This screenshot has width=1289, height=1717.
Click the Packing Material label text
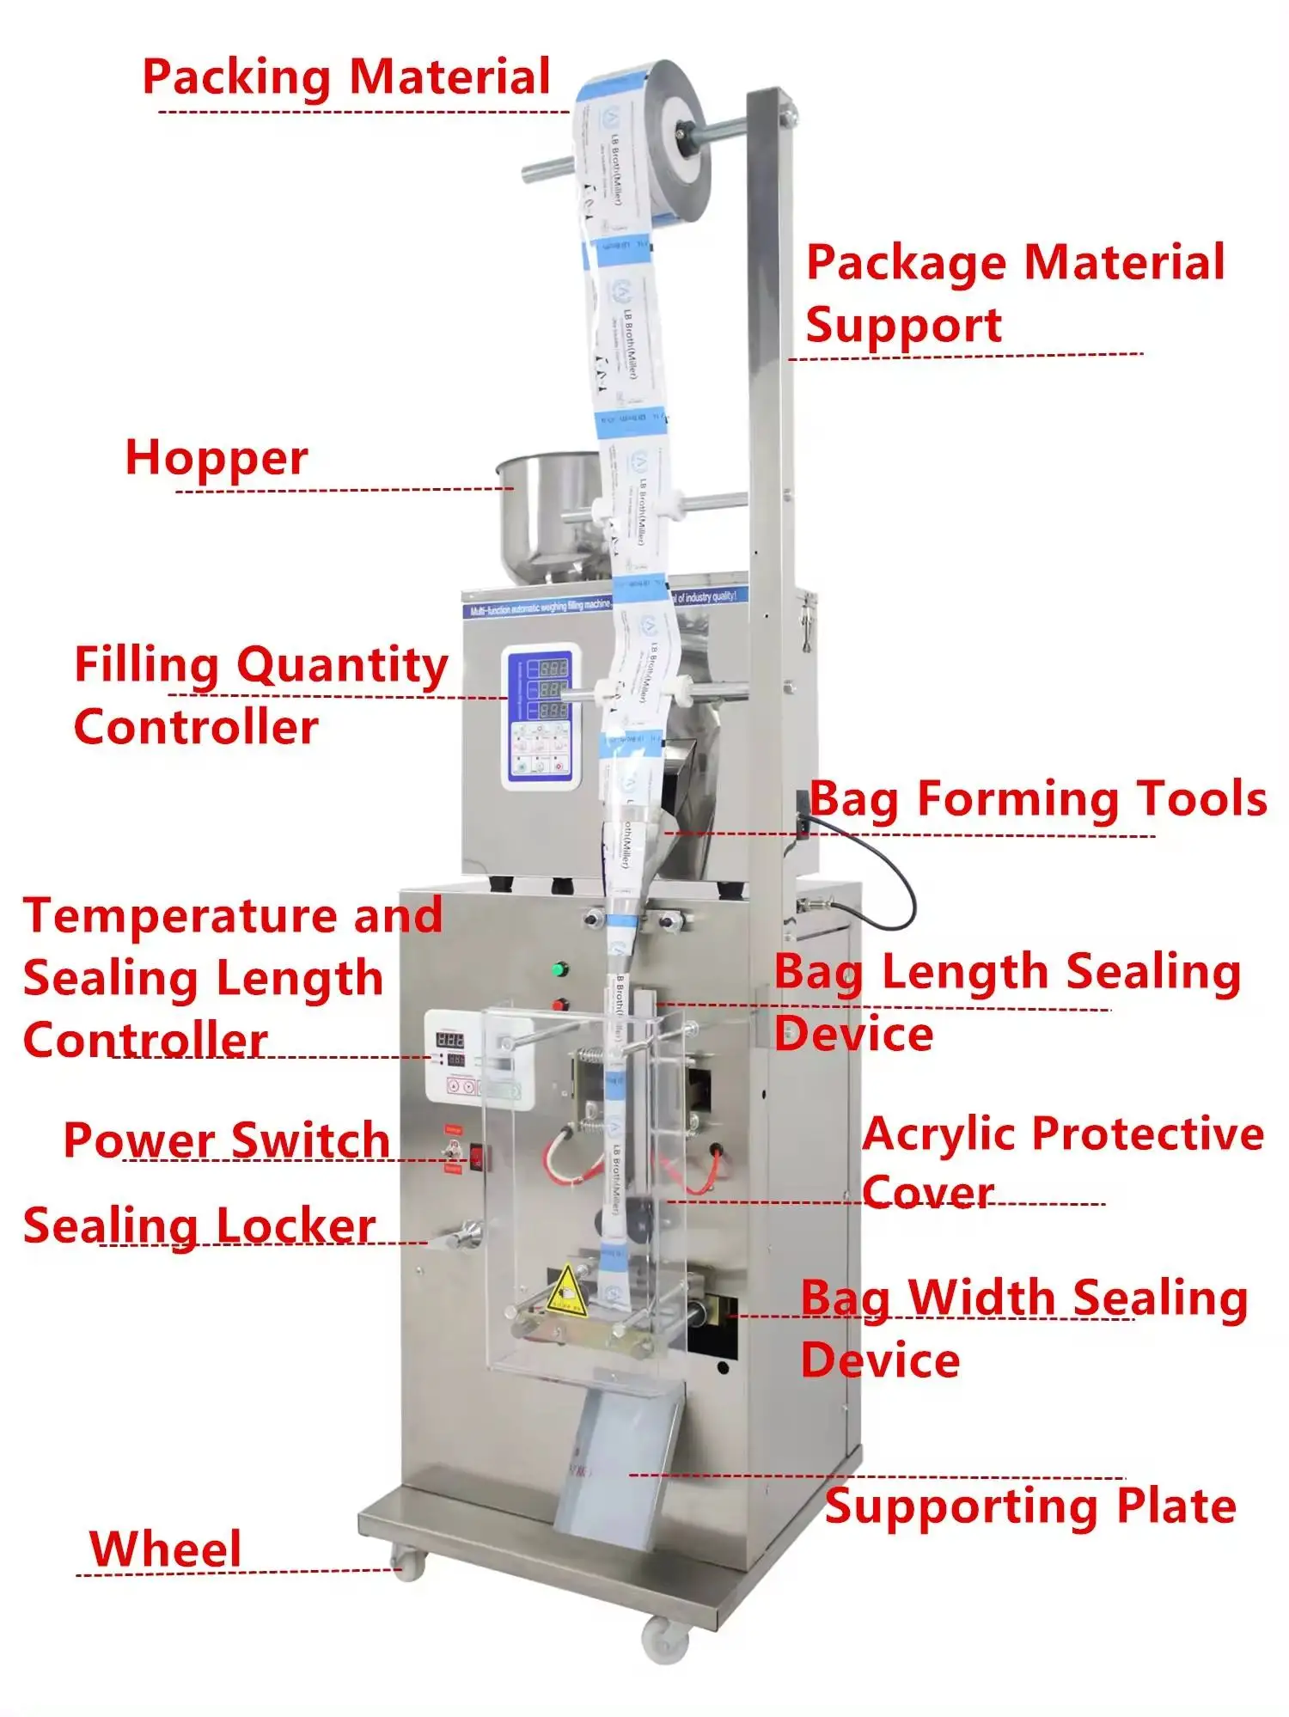pos(345,77)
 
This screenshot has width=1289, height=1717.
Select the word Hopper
pos(217,458)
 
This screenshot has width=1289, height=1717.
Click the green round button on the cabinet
pos(561,970)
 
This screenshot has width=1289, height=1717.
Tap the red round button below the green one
pos(560,1005)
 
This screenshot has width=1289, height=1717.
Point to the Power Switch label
pos(227,1140)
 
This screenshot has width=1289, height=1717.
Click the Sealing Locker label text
pos(199,1225)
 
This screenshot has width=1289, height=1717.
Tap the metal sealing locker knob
pos(464,1235)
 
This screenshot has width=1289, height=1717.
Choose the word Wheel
pos(165,1549)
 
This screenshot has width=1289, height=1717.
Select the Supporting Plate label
pos(1030,1506)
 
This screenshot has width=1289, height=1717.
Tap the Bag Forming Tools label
pos(1038,799)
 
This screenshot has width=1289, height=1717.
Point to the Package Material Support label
pos(1014,293)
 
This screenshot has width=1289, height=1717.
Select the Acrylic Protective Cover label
pos(1063,1162)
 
